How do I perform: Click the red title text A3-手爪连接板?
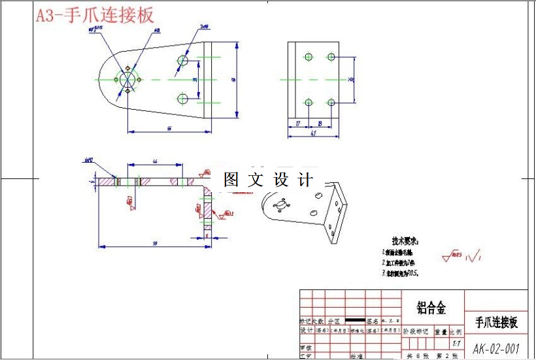tap(94, 16)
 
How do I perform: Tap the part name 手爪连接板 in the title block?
tap(495, 321)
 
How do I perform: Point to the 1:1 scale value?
tap(456, 343)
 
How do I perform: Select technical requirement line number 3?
tap(400, 273)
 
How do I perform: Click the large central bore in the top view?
tap(128, 78)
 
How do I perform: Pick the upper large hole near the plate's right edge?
tap(183, 61)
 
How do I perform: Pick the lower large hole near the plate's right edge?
tap(183, 99)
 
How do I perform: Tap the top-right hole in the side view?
tap(331, 57)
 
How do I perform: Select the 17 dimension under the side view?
tap(298, 123)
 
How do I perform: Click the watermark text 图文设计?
tap(269, 179)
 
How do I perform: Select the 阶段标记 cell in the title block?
tap(414, 331)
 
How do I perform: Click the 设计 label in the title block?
tap(305, 331)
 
